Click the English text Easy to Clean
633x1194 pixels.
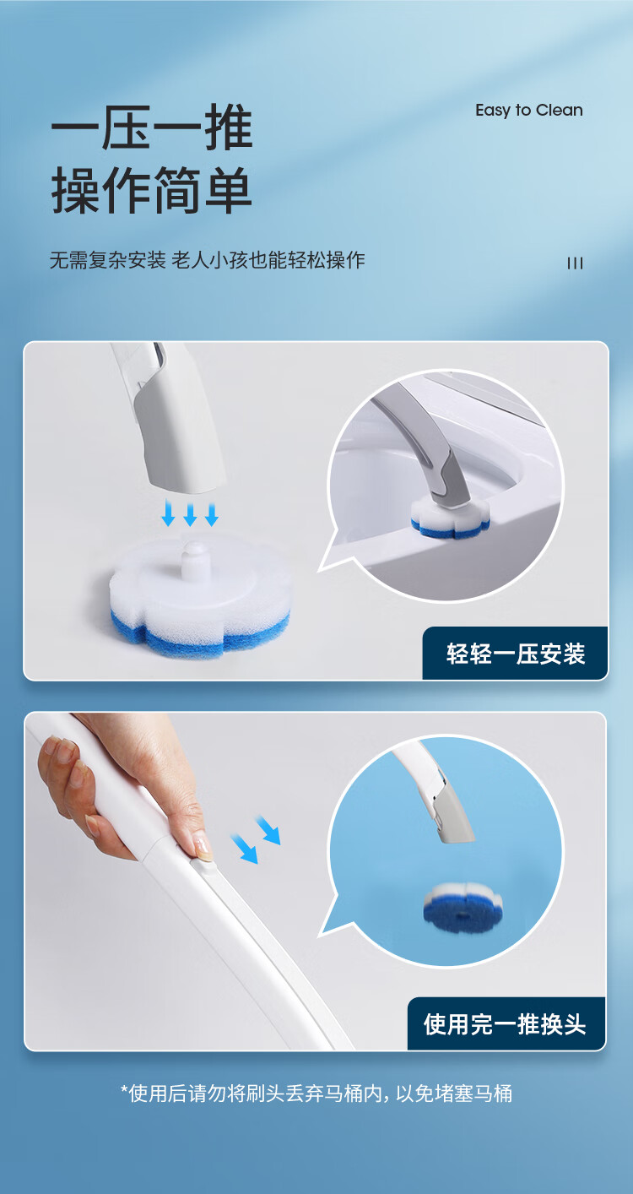(529, 111)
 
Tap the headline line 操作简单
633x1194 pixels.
(151, 190)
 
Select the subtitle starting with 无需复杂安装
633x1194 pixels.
(208, 260)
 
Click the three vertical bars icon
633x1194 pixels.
(575, 263)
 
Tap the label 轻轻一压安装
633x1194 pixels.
(516, 654)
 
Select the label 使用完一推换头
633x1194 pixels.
(505, 1024)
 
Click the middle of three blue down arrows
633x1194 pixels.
(190, 514)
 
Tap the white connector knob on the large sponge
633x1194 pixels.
(193, 560)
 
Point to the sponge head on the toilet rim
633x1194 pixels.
(450, 518)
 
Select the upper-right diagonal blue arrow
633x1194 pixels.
(268, 830)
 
